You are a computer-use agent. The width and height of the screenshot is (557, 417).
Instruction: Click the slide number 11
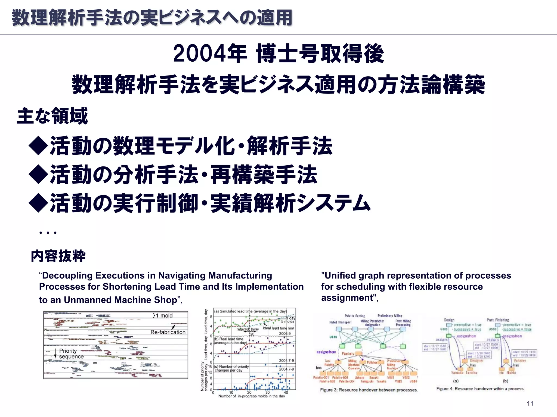(530, 403)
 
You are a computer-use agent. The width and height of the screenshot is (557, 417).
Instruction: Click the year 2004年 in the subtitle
(210, 54)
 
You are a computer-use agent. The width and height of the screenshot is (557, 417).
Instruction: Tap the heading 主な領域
(52, 116)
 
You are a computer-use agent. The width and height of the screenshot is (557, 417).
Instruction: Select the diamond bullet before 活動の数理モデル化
(39, 146)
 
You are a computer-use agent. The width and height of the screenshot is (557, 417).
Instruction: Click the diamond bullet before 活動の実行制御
(39, 203)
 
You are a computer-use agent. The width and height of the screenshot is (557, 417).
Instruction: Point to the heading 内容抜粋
(58, 256)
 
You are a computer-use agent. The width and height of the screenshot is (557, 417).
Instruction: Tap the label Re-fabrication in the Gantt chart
(168, 332)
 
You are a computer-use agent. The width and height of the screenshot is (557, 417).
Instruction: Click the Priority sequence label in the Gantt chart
(71, 354)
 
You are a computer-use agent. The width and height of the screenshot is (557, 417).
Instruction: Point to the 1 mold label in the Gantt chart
(163, 315)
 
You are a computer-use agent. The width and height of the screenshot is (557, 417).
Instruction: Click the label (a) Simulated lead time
(250, 311)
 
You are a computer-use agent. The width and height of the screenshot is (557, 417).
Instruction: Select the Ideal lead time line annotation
(278, 328)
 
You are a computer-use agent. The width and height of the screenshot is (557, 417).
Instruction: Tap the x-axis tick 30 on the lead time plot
(268, 393)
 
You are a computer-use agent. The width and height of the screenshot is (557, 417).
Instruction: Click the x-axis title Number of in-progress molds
(252, 396)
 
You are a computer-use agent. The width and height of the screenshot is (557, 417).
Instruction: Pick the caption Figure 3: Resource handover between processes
(369, 390)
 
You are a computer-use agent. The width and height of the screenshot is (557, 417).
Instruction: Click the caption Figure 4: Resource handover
(480, 389)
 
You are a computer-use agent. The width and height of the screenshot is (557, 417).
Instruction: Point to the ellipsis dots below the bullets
(48, 233)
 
